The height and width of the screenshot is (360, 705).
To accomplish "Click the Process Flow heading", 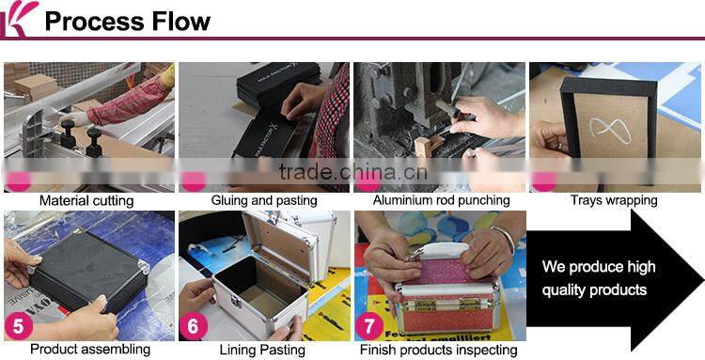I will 128,21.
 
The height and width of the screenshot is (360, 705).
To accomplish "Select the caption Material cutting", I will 86,200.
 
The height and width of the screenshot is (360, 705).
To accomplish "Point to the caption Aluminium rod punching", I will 441,200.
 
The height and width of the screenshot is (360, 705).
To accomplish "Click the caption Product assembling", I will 89,350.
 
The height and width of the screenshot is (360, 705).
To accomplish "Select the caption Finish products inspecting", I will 439,350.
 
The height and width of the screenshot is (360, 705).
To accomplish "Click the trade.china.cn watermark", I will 352,172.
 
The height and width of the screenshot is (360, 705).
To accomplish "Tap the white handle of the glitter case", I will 440,252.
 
